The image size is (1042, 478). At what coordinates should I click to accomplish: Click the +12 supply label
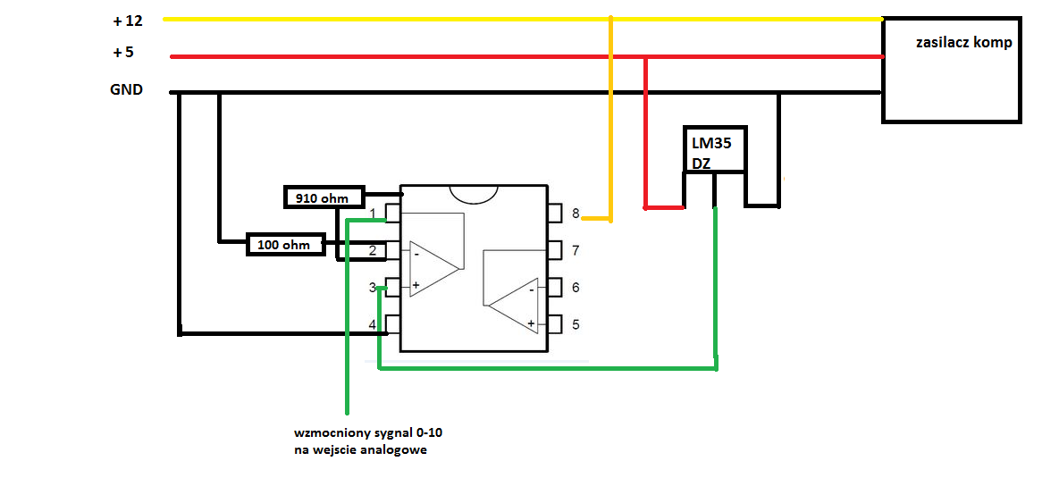[x=129, y=21]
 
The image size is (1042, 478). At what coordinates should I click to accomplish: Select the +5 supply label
[x=123, y=52]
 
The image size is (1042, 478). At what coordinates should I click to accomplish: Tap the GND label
[x=126, y=89]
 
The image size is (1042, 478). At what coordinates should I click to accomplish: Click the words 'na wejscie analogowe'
[x=360, y=450]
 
